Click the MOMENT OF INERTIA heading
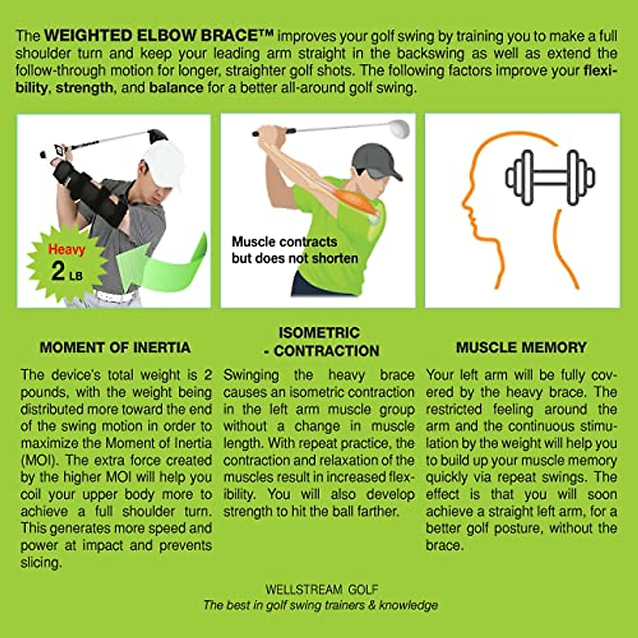click(x=115, y=348)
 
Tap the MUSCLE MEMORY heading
click(x=521, y=348)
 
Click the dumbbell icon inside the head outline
click(x=550, y=178)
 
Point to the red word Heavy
click(x=66, y=249)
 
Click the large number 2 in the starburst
click(x=58, y=271)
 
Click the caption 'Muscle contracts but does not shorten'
click(x=295, y=250)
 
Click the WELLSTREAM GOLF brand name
click(x=322, y=589)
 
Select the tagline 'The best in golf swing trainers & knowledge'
click(x=321, y=605)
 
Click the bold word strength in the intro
click(x=84, y=87)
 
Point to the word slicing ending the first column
click(x=41, y=563)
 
